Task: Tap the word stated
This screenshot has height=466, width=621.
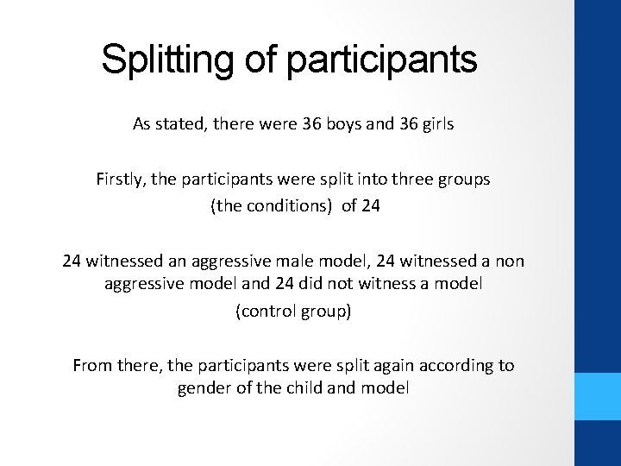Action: pyautogui.click(x=182, y=124)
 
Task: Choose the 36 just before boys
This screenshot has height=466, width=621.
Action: pyautogui.click(x=312, y=124)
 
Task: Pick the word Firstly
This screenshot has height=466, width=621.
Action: pyautogui.click(x=121, y=180)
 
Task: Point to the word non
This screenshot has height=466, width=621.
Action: pyautogui.click(x=509, y=260)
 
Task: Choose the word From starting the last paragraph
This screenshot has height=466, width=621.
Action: pyautogui.click(x=93, y=365)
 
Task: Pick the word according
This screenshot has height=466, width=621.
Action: pyautogui.click(x=451, y=365)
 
